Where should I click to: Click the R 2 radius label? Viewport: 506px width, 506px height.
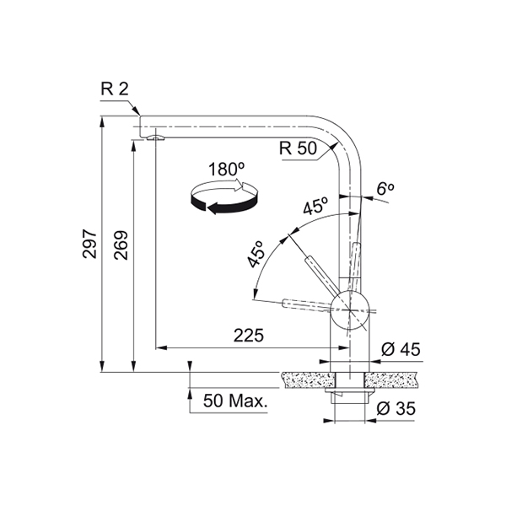115,89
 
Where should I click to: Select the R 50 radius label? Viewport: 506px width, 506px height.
298,148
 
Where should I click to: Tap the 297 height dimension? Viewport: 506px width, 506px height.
89,244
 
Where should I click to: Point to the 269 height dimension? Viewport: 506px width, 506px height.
121,245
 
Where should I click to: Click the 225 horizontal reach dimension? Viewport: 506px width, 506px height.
249,336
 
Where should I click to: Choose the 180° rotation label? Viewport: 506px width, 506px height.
226,170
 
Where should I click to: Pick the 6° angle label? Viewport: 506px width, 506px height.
385,189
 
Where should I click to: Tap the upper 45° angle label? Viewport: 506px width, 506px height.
315,206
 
